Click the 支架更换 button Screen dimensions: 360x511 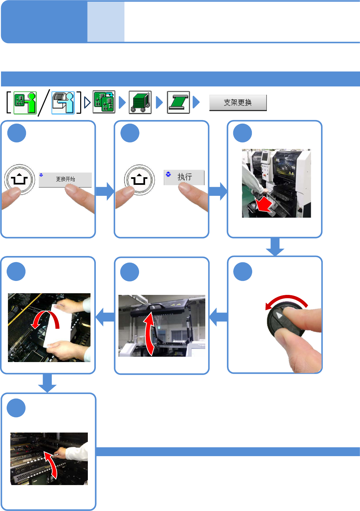[x=238, y=103]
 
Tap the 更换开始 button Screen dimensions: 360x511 [x=65, y=180]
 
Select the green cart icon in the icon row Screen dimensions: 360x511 [x=140, y=102]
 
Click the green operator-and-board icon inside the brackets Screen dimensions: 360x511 [x=25, y=103]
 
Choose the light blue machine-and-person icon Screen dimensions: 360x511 [x=63, y=103]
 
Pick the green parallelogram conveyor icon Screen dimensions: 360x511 [x=178, y=102]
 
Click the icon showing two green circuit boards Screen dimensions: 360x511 [x=104, y=102]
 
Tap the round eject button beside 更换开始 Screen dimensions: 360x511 [x=19, y=180]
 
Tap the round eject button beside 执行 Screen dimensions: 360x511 [x=139, y=180]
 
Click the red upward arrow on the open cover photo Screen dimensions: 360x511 [x=149, y=334]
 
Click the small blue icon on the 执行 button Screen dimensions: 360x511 [x=168, y=174]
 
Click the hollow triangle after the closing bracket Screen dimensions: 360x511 [x=87, y=103]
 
